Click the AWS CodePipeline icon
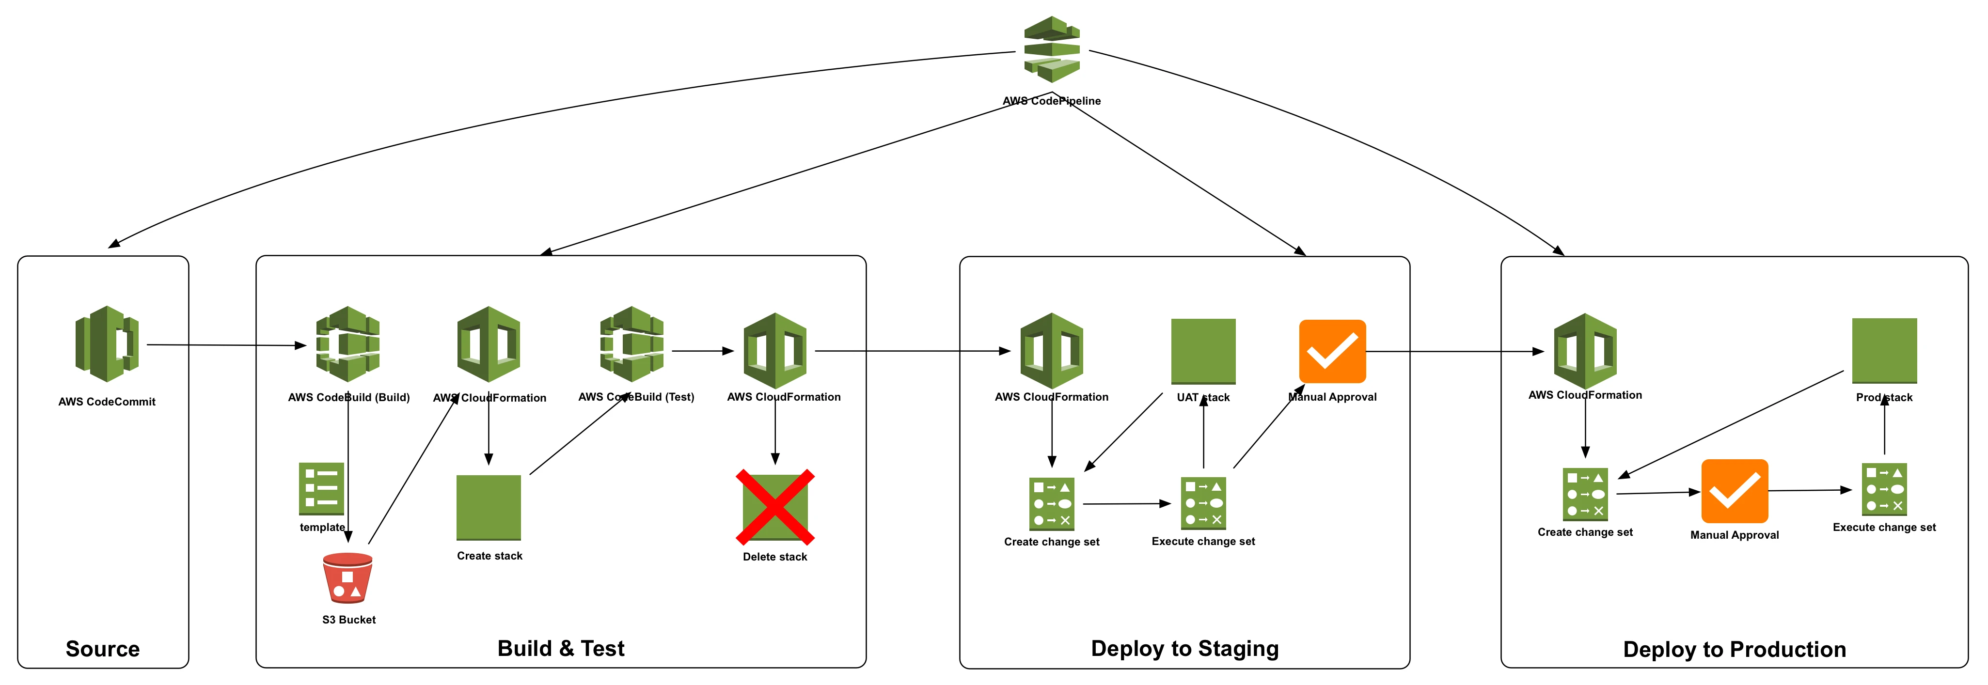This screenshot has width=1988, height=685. pyautogui.click(x=1052, y=49)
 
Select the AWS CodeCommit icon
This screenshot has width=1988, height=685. pyautogui.click(x=107, y=344)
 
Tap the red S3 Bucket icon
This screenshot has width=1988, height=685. pyautogui.click(x=347, y=578)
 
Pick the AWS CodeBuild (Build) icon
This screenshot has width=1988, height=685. pyautogui.click(x=348, y=344)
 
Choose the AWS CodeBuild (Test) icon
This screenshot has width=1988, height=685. pyautogui.click(x=632, y=344)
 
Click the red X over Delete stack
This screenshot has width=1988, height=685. pyautogui.click(x=775, y=507)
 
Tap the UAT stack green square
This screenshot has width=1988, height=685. pyautogui.click(x=1203, y=352)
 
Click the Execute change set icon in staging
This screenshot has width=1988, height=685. pyautogui.click(x=1203, y=503)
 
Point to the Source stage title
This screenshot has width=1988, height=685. pyautogui.click(x=103, y=649)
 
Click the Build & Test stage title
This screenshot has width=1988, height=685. pyautogui.click(x=561, y=648)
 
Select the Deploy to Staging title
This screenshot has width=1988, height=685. pyautogui.click(x=1184, y=649)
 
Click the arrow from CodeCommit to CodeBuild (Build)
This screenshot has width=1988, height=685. pyautogui.click(x=227, y=345)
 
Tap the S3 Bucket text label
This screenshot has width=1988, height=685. pyautogui.click(x=349, y=620)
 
